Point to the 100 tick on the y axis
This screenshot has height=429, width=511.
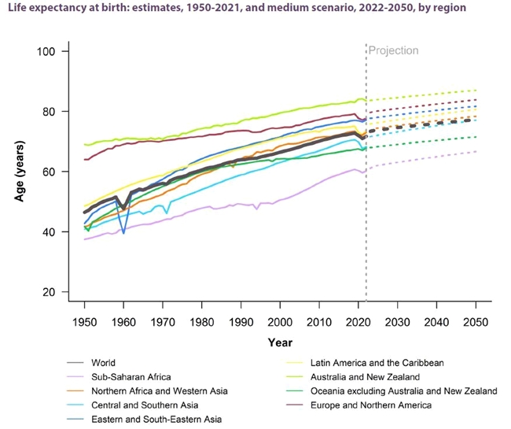tap(57, 52)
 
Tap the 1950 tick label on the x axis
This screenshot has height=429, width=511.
tap(84, 323)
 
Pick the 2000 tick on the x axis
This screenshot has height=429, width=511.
tap(280, 323)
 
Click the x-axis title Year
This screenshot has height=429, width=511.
tap(280, 342)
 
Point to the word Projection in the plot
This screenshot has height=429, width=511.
tap(394, 50)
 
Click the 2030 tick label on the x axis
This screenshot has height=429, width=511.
tap(397, 323)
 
